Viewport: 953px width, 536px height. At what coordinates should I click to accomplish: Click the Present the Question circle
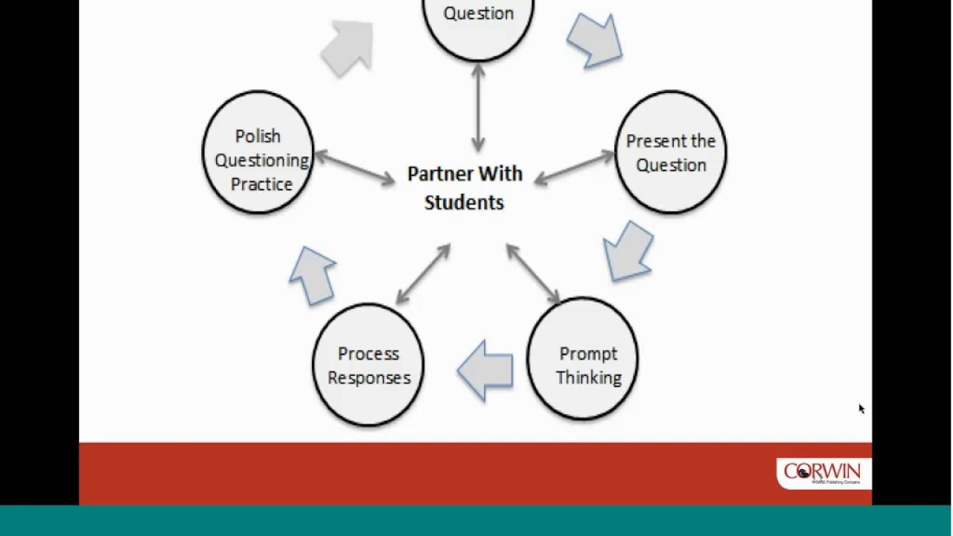point(671,153)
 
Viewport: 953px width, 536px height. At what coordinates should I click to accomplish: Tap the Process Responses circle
point(368,365)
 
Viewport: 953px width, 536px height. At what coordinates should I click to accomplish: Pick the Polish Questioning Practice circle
point(258,153)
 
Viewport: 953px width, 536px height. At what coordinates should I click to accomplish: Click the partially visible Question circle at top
point(478,22)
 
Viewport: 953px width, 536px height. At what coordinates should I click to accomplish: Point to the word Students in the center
point(464,202)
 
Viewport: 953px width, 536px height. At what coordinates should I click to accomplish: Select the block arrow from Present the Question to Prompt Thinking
point(630,251)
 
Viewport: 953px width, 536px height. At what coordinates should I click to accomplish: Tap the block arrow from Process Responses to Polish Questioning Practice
point(313,274)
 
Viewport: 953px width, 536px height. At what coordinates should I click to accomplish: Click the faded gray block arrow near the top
point(348,48)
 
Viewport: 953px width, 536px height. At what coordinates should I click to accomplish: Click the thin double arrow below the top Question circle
point(478,108)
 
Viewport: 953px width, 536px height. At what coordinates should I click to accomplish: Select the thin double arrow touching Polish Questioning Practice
point(354,167)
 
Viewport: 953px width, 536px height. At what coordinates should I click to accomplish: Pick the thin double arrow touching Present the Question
point(574,167)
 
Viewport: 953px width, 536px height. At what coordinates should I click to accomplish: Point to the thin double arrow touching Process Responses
point(423,274)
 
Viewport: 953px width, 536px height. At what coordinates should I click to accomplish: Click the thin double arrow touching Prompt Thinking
point(533,274)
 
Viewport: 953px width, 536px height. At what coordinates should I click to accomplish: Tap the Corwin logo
point(822,473)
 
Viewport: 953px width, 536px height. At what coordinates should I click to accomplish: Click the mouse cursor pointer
point(861,409)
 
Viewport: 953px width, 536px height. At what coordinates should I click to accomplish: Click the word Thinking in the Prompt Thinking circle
point(588,377)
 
